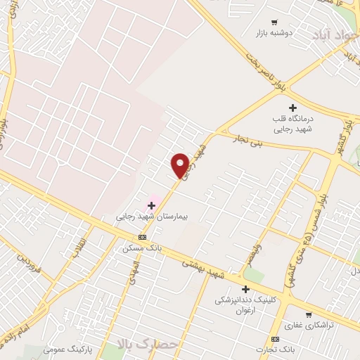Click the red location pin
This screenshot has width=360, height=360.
180,165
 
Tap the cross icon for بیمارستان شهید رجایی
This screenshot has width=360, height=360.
151,205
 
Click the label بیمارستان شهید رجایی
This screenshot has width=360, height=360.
144,217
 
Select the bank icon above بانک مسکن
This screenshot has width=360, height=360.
143,237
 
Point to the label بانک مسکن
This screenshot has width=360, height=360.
139,248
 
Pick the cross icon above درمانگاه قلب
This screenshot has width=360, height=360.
293,107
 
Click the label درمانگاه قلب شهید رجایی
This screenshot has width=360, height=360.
293,124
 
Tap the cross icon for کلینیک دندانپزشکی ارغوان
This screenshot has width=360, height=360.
245,289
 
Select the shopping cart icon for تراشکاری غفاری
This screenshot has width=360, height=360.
308,314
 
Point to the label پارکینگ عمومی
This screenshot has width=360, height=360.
67,349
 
